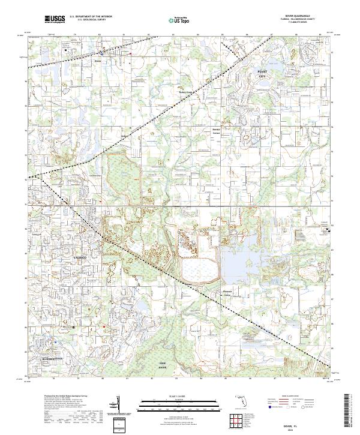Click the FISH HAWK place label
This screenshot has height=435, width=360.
click(162, 365)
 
